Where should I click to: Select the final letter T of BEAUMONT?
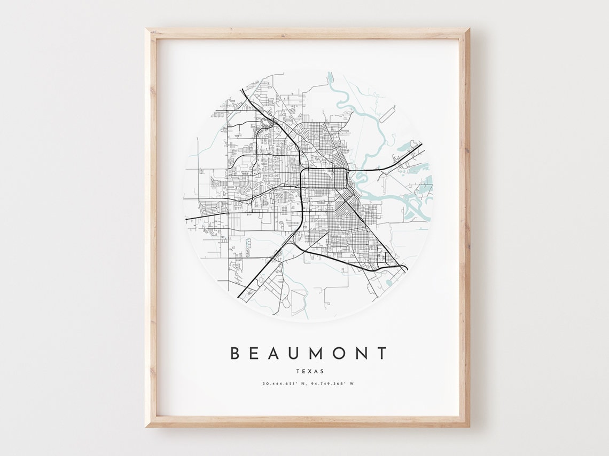381,353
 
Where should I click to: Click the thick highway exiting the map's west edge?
187,219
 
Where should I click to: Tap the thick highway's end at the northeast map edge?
421,144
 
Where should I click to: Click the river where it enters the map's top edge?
330,75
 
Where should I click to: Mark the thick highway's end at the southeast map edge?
406,268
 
